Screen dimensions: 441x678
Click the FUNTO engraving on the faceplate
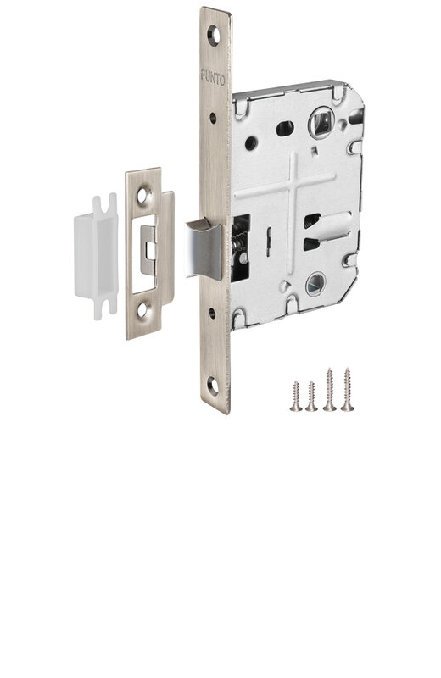[213, 79]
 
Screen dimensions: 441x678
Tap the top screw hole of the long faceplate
[214, 36]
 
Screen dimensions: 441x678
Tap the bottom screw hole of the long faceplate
[212, 386]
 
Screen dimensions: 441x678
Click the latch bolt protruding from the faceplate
[204, 248]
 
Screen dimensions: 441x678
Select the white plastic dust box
[96, 257]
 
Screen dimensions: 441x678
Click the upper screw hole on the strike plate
[143, 195]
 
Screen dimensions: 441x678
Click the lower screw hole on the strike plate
[142, 310]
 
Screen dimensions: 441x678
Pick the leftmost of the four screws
[296, 396]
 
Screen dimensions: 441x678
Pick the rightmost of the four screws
[347, 389]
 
